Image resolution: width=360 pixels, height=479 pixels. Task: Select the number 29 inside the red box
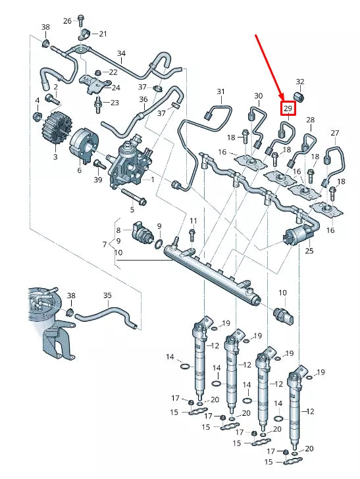(x=288, y=108)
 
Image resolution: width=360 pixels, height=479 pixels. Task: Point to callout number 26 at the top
(x=67, y=20)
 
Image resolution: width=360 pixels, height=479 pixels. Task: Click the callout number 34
(x=121, y=53)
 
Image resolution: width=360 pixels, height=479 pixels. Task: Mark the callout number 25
(x=309, y=251)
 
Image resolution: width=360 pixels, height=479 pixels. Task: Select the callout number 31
(x=220, y=91)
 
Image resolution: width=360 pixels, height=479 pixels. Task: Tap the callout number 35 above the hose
(x=108, y=295)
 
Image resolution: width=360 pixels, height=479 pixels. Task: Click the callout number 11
(x=193, y=220)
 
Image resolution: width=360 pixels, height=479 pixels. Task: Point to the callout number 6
(x=79, y=170)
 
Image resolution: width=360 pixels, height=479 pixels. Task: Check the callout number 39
(x=98, y=180)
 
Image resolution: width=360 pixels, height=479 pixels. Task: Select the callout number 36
(x=143, y=99)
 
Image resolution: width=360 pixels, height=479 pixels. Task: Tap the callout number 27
(x=334, y=133)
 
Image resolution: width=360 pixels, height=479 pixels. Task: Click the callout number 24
(x=116, y=87)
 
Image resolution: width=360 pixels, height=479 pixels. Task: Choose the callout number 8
(x=118, y=230)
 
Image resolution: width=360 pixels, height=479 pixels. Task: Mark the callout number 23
(x=115, y=102)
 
